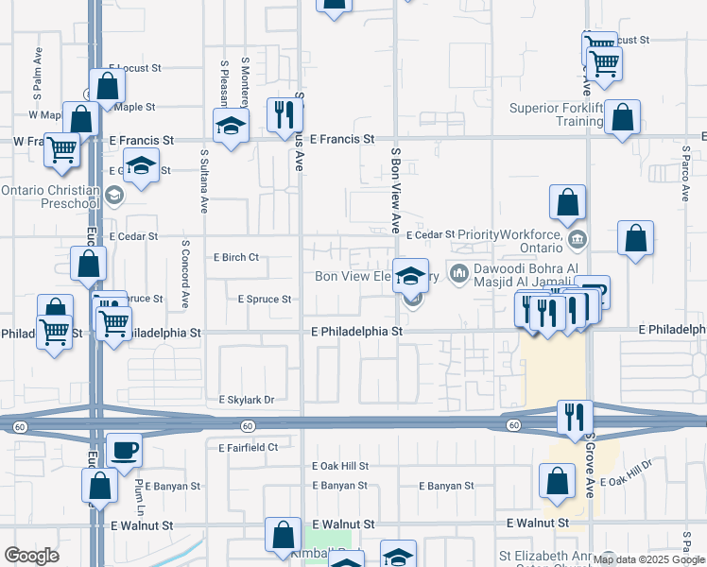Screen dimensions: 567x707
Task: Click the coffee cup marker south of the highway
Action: coord(124,450)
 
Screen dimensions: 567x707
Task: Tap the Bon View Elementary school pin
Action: coord(410,276)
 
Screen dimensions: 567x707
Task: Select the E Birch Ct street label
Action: coord(236,257)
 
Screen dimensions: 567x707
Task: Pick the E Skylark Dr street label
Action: coord(246,400)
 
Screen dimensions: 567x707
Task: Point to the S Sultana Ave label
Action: coord(204,180)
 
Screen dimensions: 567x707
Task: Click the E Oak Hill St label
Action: coord(340,466)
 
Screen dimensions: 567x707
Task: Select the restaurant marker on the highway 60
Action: coord(574,419)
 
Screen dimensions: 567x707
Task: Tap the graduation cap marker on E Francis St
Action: coord(230,127)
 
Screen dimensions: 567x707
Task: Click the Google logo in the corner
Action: coord(31,556)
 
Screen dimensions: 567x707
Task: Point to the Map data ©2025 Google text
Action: coord(649,559)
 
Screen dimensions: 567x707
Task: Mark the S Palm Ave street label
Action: coord(39,75)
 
